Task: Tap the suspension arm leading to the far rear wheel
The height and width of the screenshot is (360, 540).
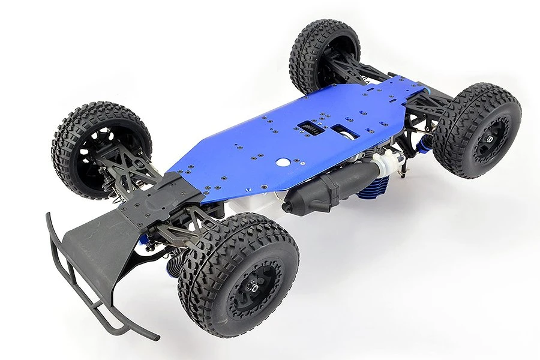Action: coord(360,69)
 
